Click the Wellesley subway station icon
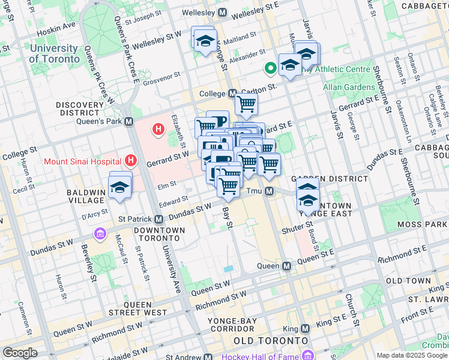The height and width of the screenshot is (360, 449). tap(222, 12)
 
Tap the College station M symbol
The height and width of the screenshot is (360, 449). tap(232, 94)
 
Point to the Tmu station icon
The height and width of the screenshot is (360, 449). tap(270, 191)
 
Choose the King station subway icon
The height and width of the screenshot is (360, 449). tap(306, 329)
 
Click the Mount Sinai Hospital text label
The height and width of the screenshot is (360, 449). tap(82, 161)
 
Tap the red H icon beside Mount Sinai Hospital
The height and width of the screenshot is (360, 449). tap(131, 161)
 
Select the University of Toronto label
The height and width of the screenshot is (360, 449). tap(54, 54)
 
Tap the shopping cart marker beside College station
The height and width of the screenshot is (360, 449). tap(246, 104)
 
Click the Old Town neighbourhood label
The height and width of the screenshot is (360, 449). tap(409, 281)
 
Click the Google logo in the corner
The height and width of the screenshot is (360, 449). tap(20, 353)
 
